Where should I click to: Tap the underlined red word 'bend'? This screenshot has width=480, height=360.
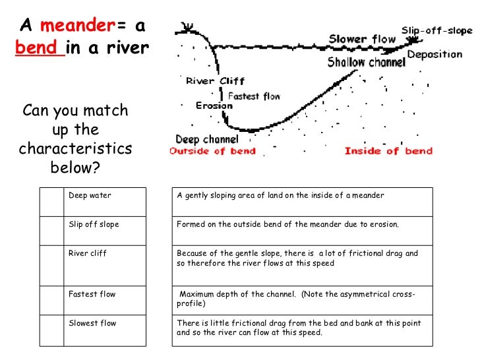[40, 48]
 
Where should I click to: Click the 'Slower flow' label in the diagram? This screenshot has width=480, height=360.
[362, 39]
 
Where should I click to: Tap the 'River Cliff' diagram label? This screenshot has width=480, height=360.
[215, 82]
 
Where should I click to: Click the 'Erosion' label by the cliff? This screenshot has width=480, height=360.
[214, 105]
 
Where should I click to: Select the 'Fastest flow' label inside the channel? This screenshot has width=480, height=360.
[254, 96]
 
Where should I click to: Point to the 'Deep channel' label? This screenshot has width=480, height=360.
[207, 139]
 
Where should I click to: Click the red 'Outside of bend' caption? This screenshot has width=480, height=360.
[207, 151]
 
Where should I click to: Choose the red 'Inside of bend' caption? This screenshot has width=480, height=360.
[388, 151]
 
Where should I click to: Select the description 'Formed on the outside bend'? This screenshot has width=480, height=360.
[288, 225]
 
